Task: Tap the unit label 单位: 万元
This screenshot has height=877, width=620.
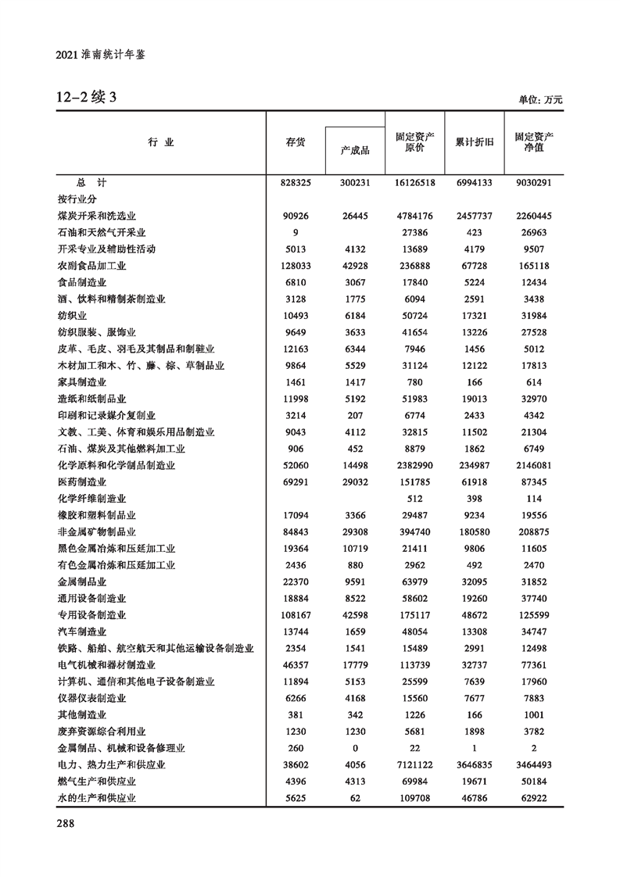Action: [x=540, y=100]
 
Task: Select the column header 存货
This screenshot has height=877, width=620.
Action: [x=296, y=142]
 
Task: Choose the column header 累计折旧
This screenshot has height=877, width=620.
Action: [x=475, y=142]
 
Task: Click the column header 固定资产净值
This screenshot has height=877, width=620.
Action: [x=534, y=141]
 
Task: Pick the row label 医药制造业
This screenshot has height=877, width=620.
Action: [x=82, y=481]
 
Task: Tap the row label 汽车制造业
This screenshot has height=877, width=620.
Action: [x=82, y=632]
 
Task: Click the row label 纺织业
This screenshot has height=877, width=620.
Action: [x=72, y=315]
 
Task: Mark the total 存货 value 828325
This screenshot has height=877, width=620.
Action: [x=296, y=182]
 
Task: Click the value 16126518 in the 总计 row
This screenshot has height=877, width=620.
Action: [x=415, y=182]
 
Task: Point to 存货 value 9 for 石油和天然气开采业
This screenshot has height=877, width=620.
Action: [x=296, y=232]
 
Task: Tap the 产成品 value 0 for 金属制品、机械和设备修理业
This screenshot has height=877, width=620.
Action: [x=355, y=748]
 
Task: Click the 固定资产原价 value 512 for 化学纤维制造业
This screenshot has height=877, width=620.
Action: [x=415, y=498]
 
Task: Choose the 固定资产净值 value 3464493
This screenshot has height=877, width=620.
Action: [x=534, y=764]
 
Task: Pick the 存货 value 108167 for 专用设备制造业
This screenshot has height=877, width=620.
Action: [x=296, y=615]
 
